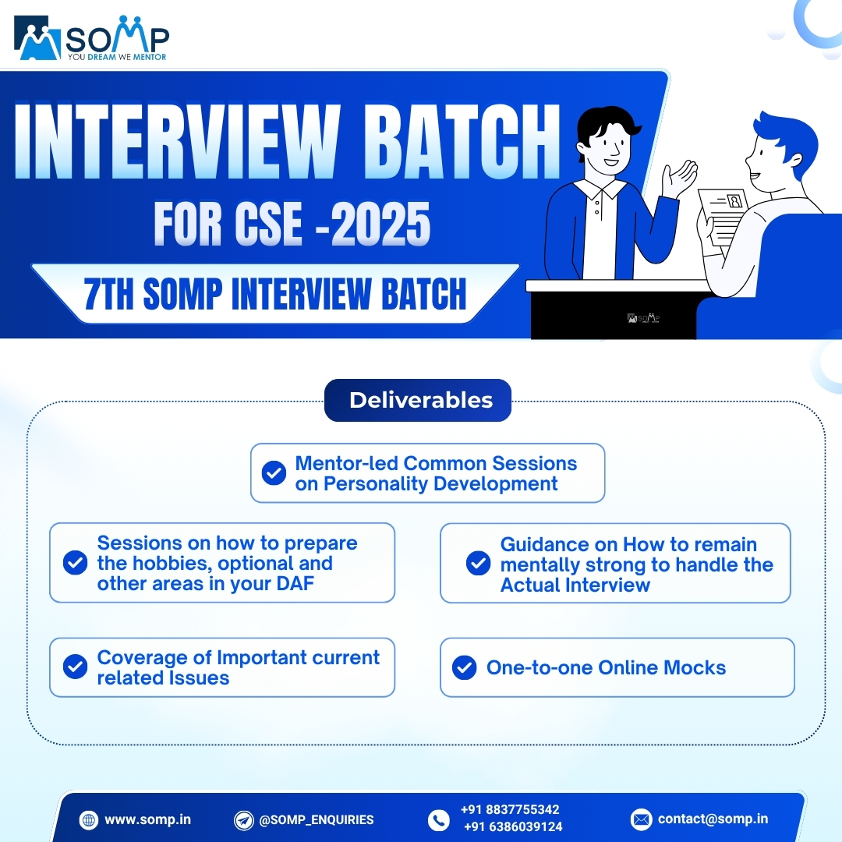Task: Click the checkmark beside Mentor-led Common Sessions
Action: [x=274, y=473]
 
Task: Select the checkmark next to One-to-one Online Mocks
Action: [x=465, y=667]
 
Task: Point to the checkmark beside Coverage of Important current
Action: [x=75, y=667]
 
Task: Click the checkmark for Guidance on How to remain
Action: [x=478, y=564]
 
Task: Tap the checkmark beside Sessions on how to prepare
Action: [x=75, y=563]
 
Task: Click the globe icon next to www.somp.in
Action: [x=88, y=819]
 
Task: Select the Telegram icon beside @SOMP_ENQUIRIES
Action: [x=244, y=819]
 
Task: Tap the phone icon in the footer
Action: [x=439, y=819]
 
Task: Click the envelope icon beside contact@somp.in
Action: [x=641, y=819]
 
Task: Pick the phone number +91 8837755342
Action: [x=510, y=810]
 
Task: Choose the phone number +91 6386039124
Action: [x=512, y=827]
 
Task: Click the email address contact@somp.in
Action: [x=713, y=819]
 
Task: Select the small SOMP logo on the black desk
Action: [x=643, y=318]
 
